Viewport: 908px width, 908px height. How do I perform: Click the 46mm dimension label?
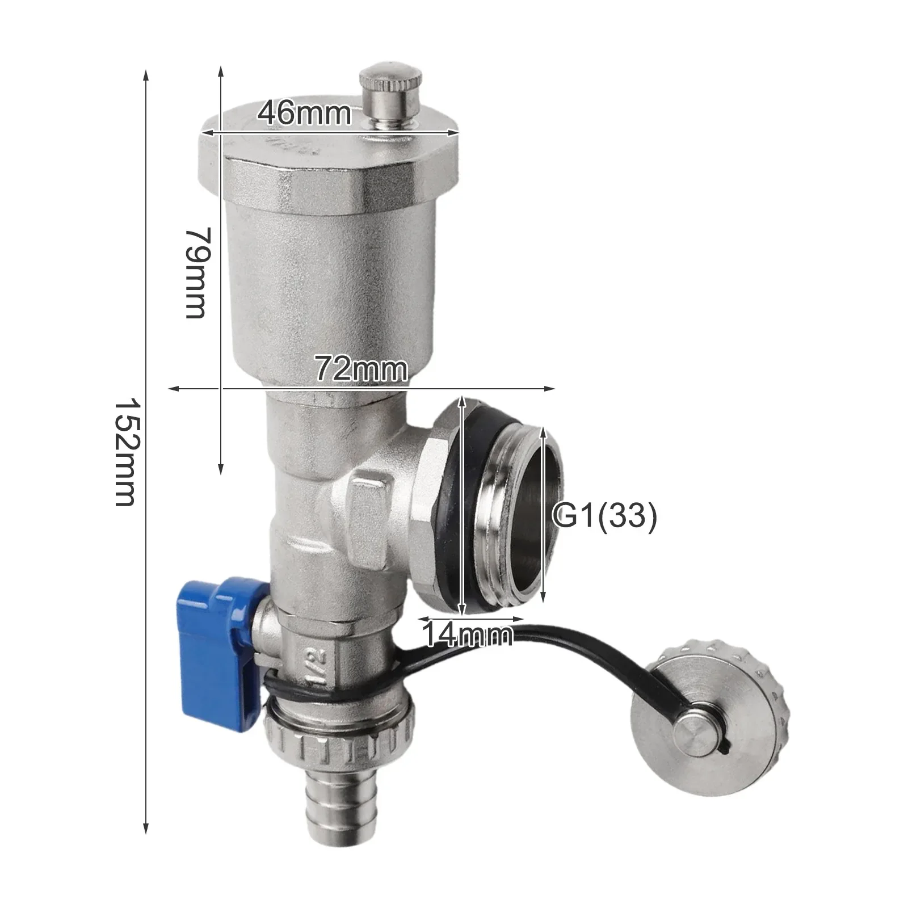tap(305, 113)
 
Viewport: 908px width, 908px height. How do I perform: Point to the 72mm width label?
tap(361, 369)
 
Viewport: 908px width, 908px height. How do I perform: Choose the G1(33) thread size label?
tap(605, 515)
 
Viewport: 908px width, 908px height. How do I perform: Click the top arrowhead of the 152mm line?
tap(146, 74)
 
